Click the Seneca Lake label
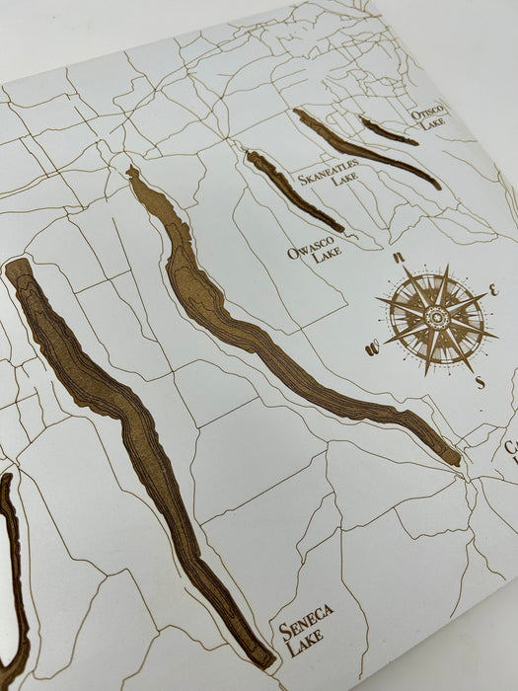pos(305,628)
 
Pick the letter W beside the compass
pos(373,346)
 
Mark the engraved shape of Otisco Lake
pos(387,131)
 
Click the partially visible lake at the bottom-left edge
pos(12,573)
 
